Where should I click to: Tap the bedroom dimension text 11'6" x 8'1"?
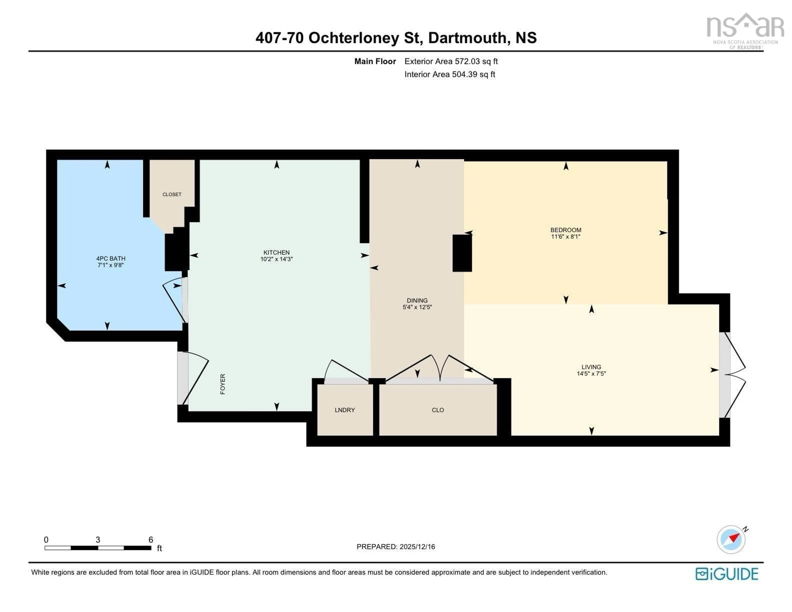pos(565,237)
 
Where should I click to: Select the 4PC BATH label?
pos(111,258)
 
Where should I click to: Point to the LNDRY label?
pos(344,410)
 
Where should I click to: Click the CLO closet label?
pos(438,410)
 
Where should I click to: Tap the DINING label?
pos(417,300)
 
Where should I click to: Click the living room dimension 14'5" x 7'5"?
pos(591,373)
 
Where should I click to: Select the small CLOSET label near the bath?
pos(172,195)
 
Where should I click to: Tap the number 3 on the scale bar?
pos(98,539)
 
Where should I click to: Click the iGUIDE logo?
pos(726,574)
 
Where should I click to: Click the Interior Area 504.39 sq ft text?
pos(450,74)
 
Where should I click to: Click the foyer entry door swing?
pos(195,377)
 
